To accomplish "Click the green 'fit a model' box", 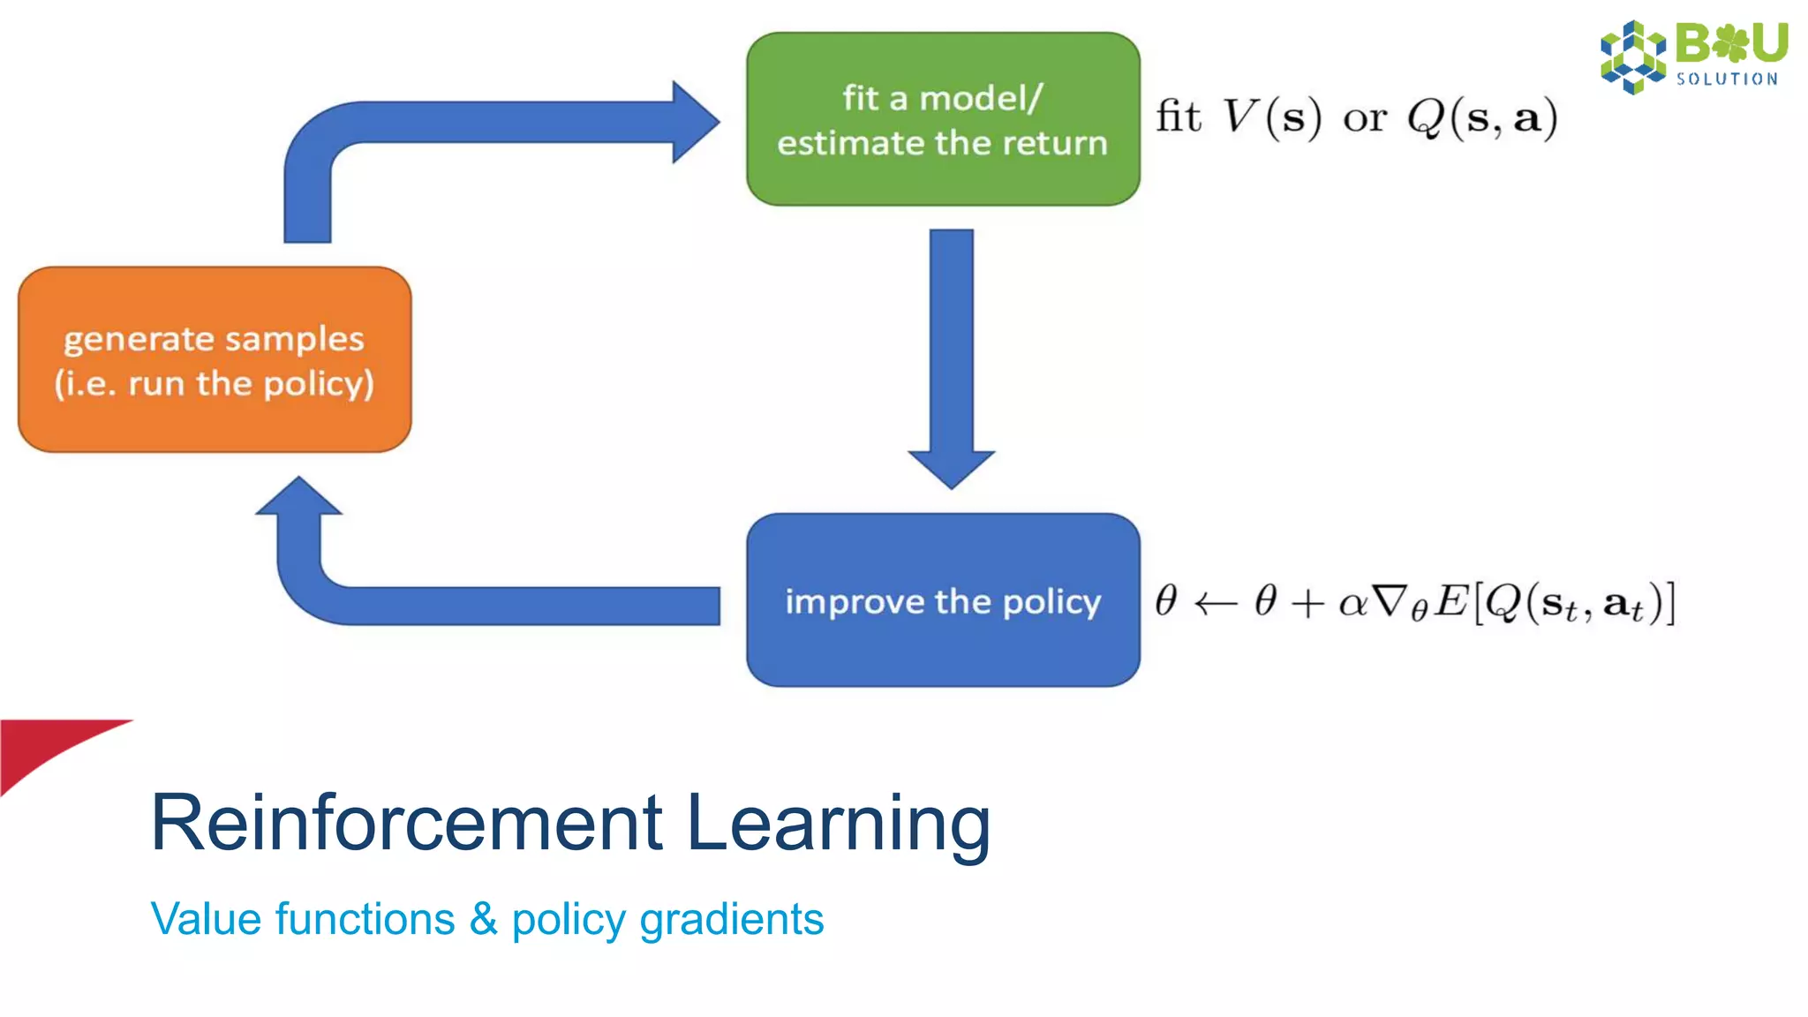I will [943, 119].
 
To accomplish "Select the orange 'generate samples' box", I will [215, 360].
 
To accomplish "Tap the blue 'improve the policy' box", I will [943, 600].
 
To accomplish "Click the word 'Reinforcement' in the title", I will [406, 823].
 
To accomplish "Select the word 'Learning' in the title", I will [837, 823].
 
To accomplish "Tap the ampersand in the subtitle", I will [483, 919].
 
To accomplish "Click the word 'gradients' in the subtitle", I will [731, 919].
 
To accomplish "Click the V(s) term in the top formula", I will [1272, 117].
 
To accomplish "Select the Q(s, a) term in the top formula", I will [1482, 117].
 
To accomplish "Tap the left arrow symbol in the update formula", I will [1216, 604].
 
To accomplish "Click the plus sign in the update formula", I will [1307, 604].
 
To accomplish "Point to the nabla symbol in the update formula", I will [1390, 602].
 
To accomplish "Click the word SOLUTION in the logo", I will [1727, 79].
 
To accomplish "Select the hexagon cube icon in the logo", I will [1632, 56].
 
